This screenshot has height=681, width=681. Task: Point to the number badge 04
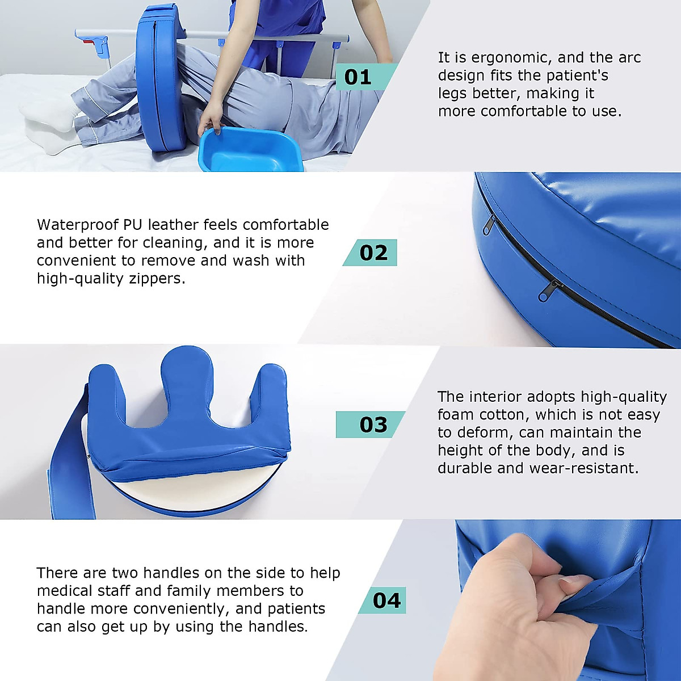(385, 600)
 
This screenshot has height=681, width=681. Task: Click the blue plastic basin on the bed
(250, 150)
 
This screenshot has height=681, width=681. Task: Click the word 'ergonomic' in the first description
(506, 58)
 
